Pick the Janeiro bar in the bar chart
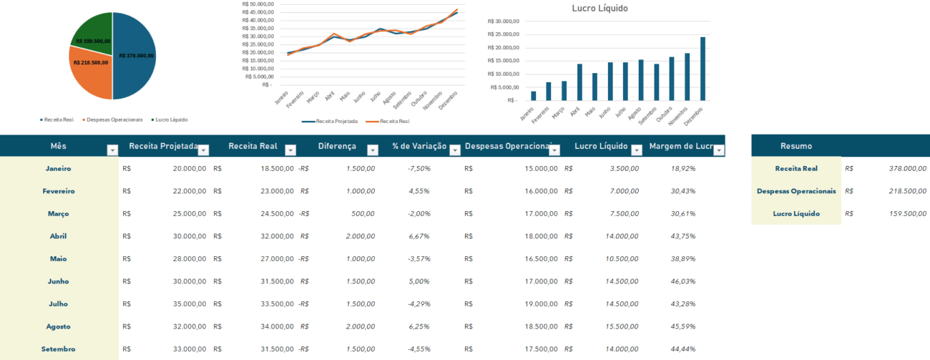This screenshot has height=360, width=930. [x=533, y=96]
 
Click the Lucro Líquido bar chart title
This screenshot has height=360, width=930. [x=600, y=9]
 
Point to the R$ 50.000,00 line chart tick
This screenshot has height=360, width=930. [x=257, y=4]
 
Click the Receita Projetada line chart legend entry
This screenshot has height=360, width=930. [x=331, y=122]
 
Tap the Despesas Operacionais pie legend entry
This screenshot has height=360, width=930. [x=114, y=120]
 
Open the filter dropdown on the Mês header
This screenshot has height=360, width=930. [x=112, y=150]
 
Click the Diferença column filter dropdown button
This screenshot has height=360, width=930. [x=373, y=150]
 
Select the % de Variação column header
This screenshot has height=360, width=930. [x=418, y=146]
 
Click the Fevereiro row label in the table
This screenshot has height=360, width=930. [x=59, y=191]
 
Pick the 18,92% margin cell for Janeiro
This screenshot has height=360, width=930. [x=683, y=169]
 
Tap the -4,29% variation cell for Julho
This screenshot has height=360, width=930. [x=418, y=304]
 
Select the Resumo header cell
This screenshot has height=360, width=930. [x=796, y=146]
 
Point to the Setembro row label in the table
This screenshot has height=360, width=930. [x=59, y=349]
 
